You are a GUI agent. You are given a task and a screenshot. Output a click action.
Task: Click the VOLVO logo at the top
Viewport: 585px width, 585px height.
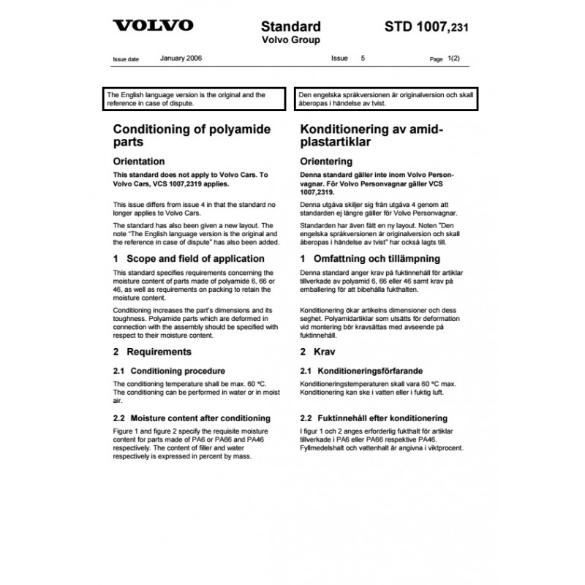pos(153,26)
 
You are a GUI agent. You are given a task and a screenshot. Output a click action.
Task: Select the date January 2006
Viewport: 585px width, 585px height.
pos(181,57)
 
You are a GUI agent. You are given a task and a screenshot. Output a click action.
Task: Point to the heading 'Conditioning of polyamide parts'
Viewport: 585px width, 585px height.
pos(192,137)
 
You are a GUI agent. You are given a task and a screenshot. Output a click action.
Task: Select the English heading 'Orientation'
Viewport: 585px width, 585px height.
pos(138,162)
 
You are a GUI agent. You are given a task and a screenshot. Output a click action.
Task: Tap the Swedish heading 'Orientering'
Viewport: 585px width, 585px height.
pos(326,162)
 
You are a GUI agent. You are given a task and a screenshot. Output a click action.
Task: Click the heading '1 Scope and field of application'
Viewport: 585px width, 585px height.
pos(189,259)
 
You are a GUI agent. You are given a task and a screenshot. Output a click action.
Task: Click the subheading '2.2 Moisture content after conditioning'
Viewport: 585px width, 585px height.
pos(192,418)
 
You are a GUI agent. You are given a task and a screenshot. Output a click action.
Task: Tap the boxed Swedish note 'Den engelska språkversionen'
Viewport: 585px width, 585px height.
pos(386,99)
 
